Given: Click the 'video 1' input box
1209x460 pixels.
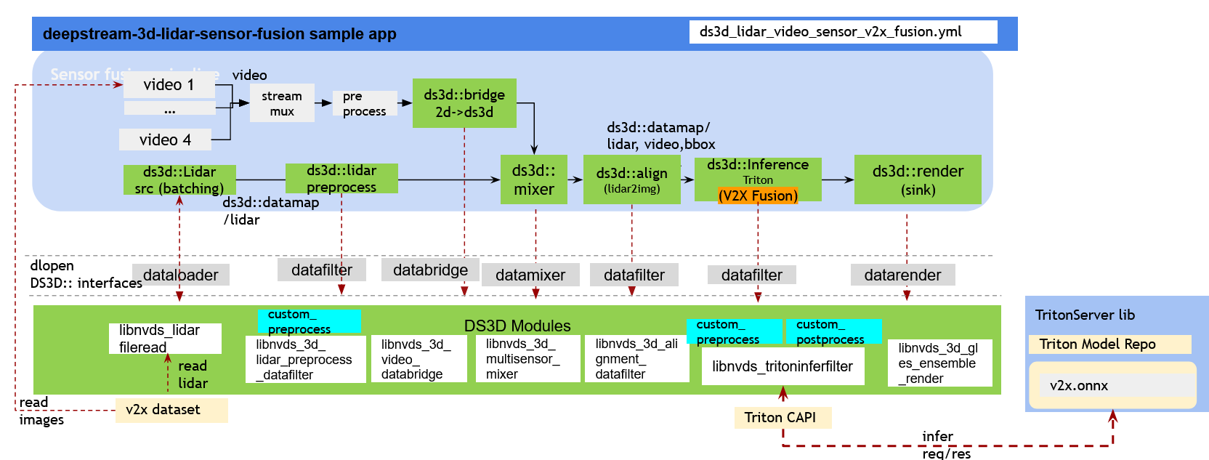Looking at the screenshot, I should coord(169,85).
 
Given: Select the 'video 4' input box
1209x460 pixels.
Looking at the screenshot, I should coord(165,140).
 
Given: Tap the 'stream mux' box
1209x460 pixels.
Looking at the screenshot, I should coord(282,103).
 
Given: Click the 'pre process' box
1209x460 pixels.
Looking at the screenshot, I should coord(365,104).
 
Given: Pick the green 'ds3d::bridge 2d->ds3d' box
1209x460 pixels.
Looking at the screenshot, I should coord(464,103).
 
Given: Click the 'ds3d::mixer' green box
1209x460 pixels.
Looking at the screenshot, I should coord(533,179).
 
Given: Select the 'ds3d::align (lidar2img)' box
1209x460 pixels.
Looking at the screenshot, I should coord(631,179).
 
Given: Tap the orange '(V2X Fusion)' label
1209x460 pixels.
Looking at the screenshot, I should coord(758,196).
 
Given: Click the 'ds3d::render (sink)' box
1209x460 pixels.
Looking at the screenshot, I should coord(918,179).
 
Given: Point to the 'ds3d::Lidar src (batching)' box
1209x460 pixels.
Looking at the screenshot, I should coord(179,179).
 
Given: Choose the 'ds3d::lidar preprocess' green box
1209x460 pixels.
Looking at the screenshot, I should coord(341,178).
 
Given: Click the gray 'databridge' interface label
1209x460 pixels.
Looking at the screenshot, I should coord(430,270).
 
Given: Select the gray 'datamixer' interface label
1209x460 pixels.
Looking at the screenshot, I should coord(530,275).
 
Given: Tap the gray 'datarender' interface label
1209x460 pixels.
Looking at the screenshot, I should coord(902,275).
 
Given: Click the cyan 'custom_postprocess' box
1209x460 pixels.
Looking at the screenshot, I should coord(833,332).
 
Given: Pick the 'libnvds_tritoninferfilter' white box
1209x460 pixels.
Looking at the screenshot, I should coord(783,366).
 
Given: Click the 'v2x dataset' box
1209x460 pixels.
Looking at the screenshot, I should coord(171,410).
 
